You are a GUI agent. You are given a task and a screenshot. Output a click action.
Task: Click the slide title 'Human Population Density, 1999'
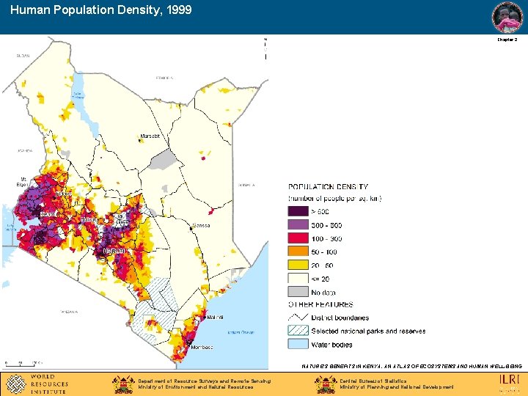click(101, 10)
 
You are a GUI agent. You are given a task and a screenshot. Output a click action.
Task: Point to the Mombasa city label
click(203, 347)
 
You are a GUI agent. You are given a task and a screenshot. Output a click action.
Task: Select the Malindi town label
click(215, 318)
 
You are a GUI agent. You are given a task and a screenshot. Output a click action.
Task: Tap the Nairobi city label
click(114, 251)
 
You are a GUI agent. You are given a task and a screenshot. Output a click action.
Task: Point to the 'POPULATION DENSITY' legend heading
click(329, 187)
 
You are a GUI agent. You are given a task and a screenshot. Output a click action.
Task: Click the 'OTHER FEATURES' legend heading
click(320, 304)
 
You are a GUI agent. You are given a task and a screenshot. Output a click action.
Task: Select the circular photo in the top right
click(507, 17)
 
